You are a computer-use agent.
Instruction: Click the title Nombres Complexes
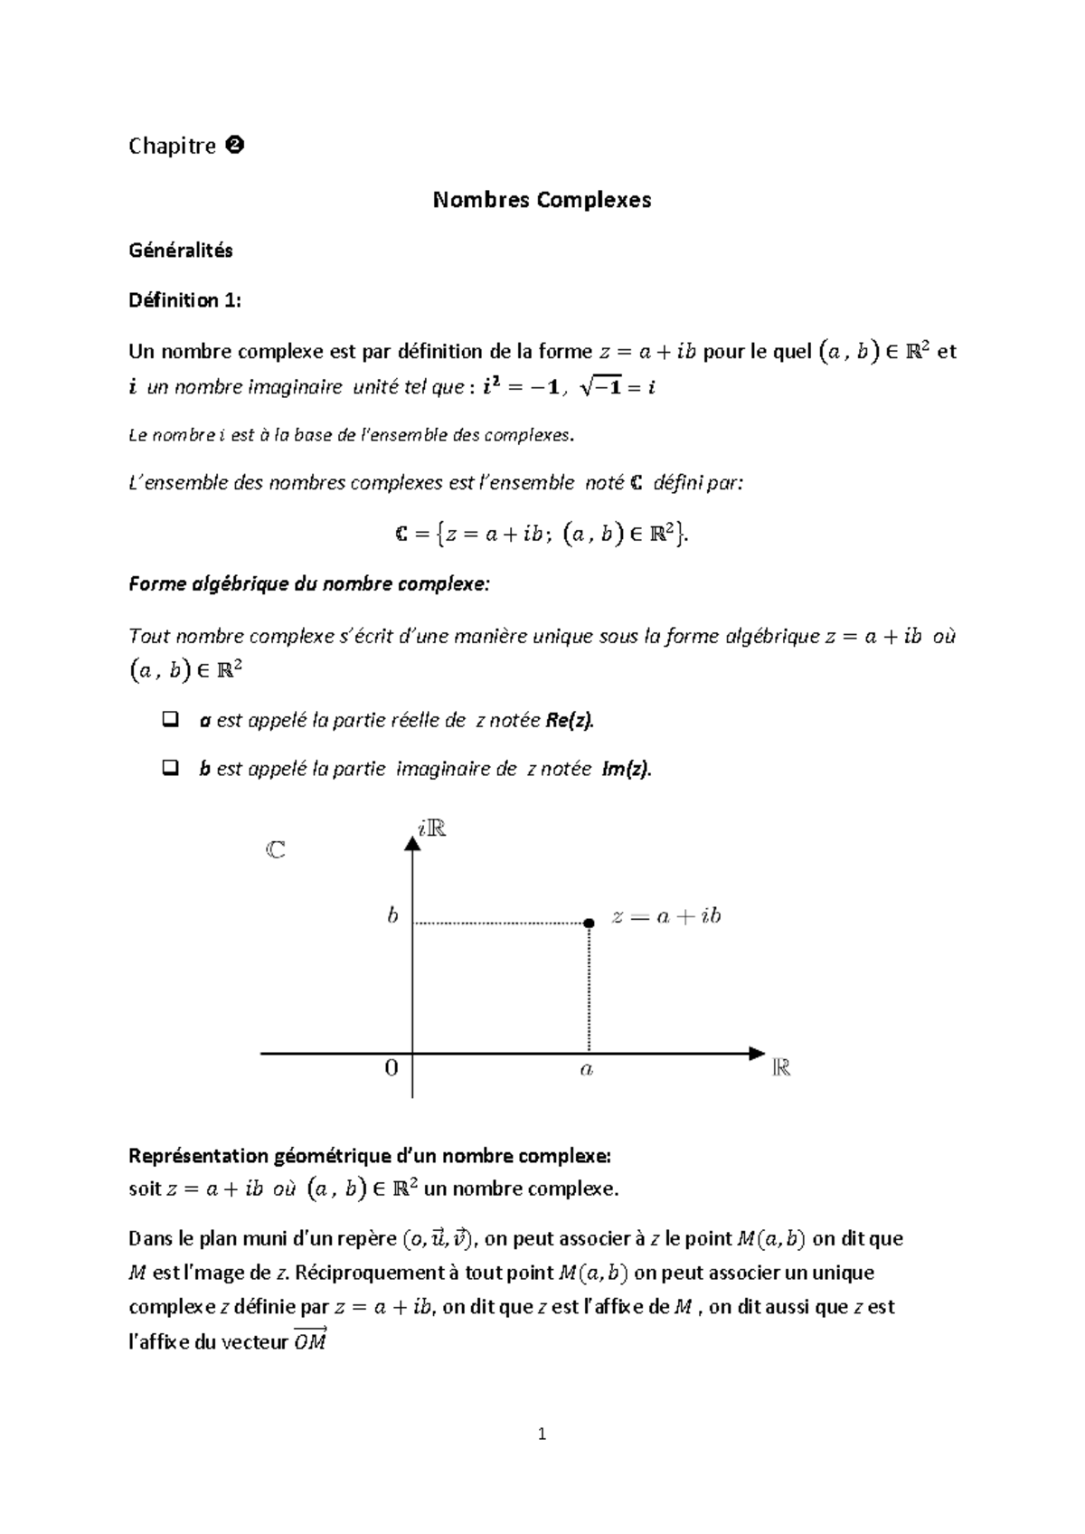pos(542,200)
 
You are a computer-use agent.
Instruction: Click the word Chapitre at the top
pos(172,146)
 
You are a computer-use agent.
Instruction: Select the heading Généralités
pos(181,251)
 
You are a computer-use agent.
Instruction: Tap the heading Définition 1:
pos(185,300)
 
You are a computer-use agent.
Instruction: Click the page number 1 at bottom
pos(542,1434)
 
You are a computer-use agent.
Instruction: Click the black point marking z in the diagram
pos(589,923)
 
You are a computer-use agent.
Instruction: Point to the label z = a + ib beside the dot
pos(666,916)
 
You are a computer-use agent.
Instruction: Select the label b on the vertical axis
pos(392,916)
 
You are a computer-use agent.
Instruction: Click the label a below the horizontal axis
pos(587,1070)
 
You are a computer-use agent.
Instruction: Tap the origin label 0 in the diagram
pos(392,1068)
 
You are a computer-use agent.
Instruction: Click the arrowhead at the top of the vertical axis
pos(412,843)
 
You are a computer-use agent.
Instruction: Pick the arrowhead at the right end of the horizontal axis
pos(757,1053)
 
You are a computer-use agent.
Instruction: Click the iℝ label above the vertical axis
pos(432,827)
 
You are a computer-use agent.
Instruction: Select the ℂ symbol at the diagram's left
pos(276,850)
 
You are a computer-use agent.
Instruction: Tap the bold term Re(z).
pos(571,721)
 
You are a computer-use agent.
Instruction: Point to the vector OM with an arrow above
pos(310,1340)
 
